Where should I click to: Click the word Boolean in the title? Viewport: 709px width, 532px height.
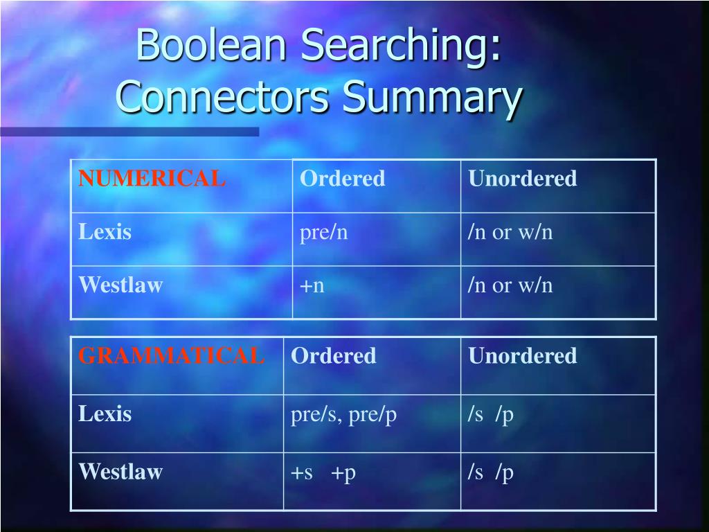(x=212, y=46)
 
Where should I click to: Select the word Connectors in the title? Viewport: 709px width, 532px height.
(x=222, y=98)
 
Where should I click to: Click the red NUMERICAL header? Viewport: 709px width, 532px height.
(x=152, y=179)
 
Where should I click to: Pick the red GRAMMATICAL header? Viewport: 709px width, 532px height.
(x=171, y=356)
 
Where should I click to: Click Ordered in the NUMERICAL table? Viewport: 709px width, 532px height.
(x=342, y=179)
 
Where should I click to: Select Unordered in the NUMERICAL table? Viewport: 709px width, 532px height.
(x=522, y=179)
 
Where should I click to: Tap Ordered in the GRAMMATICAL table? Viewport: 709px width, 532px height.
(x=333, y=356)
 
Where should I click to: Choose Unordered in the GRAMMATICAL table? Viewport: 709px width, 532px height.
(x=522, y=356)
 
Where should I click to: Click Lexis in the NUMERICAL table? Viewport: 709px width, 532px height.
(x=105, y=232)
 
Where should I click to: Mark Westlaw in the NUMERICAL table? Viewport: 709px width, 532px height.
(x=120, y=285)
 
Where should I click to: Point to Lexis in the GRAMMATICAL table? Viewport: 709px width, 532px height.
(x=105, y=414)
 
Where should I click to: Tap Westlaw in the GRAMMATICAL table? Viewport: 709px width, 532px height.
(x=120, y=472)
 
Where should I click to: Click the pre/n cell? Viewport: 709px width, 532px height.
(x=323, y=233)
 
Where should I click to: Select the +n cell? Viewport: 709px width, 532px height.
(x=312, y=285)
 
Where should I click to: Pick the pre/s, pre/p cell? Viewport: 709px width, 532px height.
(x=343, y=415)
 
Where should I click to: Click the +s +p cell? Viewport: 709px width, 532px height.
(x=323, y=472)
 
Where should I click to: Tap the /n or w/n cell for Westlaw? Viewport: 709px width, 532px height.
(x=510, y=285)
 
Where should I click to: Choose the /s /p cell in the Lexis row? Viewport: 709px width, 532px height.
(x=490, y=415)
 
